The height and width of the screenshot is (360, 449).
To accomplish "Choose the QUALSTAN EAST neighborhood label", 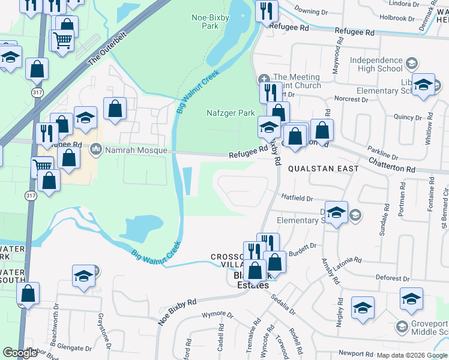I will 323,169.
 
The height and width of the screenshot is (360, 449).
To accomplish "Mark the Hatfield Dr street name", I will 297,198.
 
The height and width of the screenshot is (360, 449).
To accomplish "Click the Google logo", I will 20,353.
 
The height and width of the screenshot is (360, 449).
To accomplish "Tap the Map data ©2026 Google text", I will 412,355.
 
